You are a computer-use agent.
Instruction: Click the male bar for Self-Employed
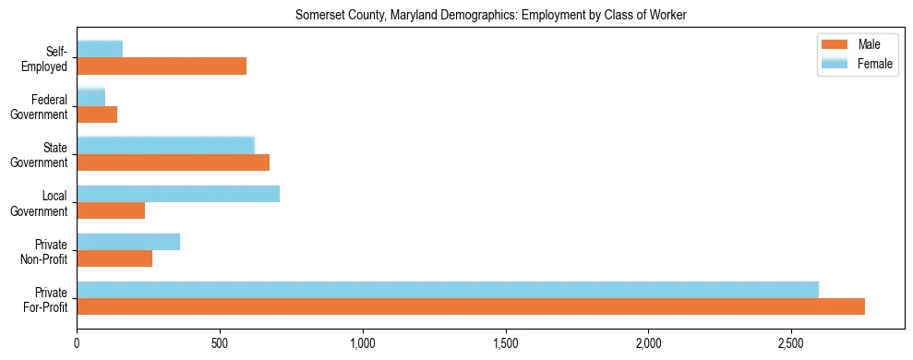pyautogui.click(x=162, y=66)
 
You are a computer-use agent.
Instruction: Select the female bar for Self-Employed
pyautogui.click(x=100, y=49)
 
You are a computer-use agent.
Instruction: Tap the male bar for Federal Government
pyautogui.click(x=97, y=114)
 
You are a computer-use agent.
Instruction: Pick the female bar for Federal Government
pyautogui.click(x=90, y=97)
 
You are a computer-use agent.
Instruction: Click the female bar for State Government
pyautogui.click(x=165, y=145)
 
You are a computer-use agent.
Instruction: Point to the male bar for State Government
pyautogui.click(x=173, y=162)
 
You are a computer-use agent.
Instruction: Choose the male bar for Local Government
pyautogui.click(x=111, y=210)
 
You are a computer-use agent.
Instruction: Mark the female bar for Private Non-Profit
pyautogui.click(x=128, y=242)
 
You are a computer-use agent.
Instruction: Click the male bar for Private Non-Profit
pyautogui.click(x=114, y=258)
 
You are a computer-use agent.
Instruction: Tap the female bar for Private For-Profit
pyautogui.click(x=448, y=290)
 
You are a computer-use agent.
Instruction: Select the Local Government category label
pyautogui.click(x=45, y=203)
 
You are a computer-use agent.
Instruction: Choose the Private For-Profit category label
pyautogui.click(x=45, y=299)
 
